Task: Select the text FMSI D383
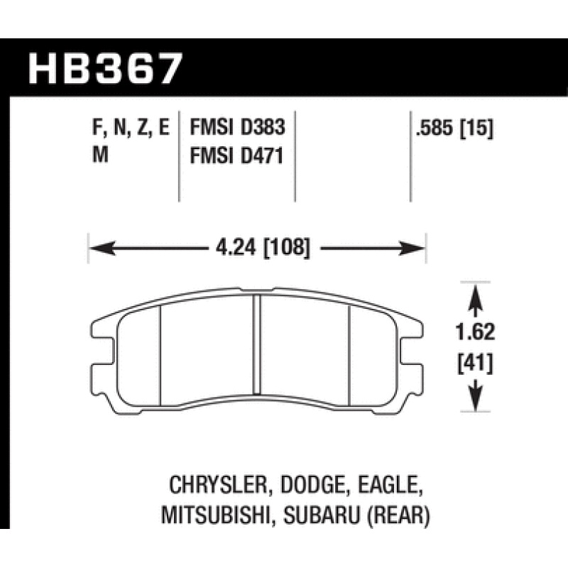pyautogui.click(x=236, y=129)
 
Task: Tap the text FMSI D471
pyautogui.click(x=236, y=155)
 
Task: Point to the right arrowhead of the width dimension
pyautogui.click(x=416, y=248)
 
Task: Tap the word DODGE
pyautogui.click(x=307, y=486)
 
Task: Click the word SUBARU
pyautogui.click(x=324, y=516)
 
